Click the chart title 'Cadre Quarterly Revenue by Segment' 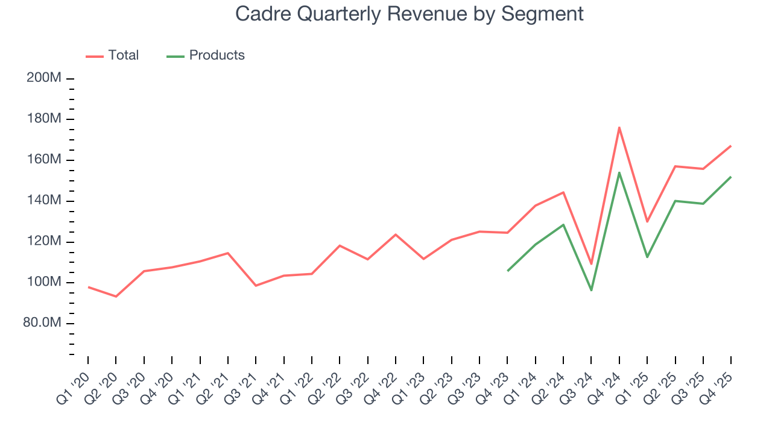click(410, 14)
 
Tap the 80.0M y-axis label click(42, 324)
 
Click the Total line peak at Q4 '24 click(619, 127)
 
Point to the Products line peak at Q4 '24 click(619, 172)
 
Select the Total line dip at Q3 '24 click(591, 264)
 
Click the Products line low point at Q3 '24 click(591, 291)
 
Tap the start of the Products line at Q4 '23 click(508, 271)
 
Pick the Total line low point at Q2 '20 click(116, 297)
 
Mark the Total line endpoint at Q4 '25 click(731, 146)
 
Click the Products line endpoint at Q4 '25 click(731, 177)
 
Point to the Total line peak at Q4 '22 click(396, 234)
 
